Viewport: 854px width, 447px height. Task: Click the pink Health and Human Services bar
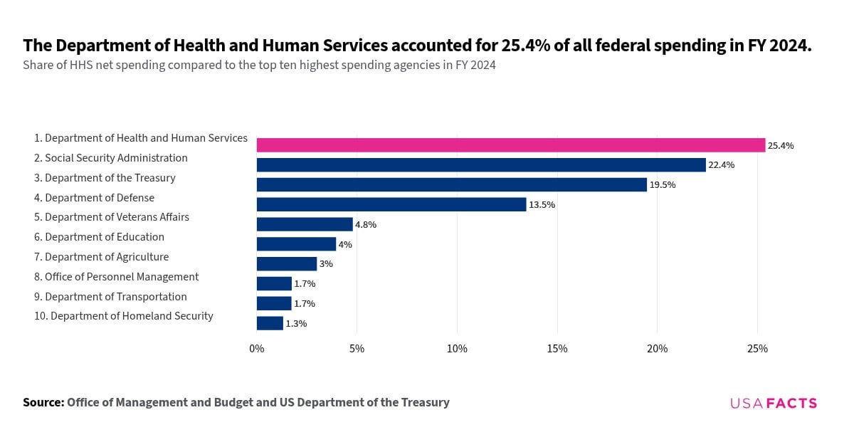pos(510,145)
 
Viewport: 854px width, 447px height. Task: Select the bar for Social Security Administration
pos(481,165)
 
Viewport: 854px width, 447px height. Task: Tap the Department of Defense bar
pos(391,204)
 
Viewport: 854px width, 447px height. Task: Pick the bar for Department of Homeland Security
pos(270,323)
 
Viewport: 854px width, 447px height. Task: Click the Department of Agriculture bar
pos(286,264)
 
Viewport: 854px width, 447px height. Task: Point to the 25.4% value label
pos(781,145)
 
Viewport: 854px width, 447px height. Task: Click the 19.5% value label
pos(663,185)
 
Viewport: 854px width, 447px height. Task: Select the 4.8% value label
pos(366,224)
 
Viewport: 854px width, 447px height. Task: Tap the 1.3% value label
pos(296,323)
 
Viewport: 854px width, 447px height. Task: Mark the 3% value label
pos(326,264)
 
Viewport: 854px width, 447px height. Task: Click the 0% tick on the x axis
pos(256,349)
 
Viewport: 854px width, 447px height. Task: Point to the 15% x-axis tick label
pos(557,349)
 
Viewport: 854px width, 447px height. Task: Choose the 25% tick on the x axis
pos(757,349)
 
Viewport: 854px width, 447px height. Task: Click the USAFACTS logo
pos(774,403)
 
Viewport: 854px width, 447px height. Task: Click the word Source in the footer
pos(43,402)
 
